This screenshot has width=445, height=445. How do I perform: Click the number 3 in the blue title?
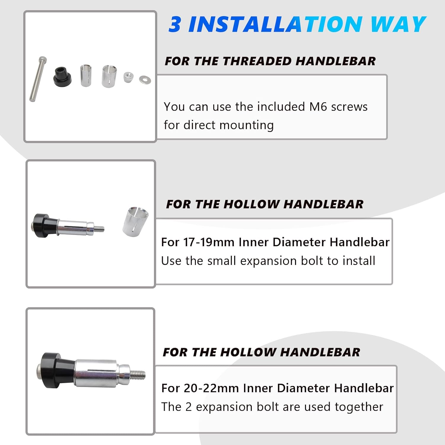click(x=175, y=24)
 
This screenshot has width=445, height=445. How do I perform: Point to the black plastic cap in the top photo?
click(x=62, y=77)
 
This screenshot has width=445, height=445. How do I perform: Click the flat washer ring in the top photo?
click(x=145, y=79)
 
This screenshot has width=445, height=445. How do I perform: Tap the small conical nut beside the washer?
click(x=128, y=77)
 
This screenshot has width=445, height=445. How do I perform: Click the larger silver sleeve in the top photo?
click(x=109, y=76)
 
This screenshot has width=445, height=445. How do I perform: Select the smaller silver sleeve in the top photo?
click(x=86, y=76)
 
